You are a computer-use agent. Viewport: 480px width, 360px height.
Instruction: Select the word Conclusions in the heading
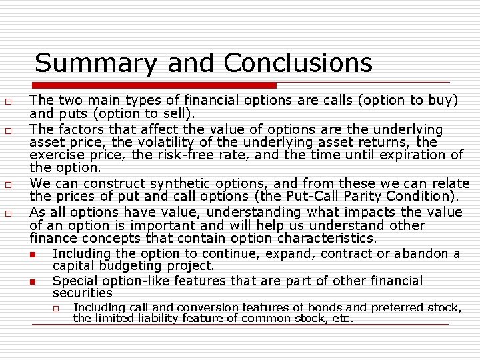pyautogui.click(x=298, y=63)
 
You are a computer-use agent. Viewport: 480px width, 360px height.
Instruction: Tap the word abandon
pyautogui.click(x=423, y=254)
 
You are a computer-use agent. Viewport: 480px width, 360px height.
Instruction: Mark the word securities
pyautogui.click(x=83, y=293)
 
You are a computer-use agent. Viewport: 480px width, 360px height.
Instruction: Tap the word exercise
pyautogui.click(x=58, y=155)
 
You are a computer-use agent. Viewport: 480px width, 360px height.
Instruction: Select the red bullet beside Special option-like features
pyautogui.click(x=32, y=283)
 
